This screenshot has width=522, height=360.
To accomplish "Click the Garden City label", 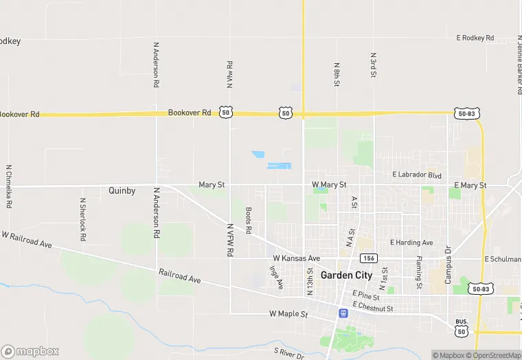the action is [347, 275].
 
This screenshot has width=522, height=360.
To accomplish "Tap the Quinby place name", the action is [122, 190].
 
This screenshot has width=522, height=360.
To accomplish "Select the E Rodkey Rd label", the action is [475, 38].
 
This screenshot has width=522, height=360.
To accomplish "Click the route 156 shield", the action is [369, 258].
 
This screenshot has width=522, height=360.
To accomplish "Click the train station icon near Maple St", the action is [342, 313].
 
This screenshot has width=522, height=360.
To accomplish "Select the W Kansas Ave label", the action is [297, 258].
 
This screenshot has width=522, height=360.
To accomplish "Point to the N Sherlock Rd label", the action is [83, 219].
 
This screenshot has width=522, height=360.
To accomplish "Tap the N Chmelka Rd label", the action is [10, 186].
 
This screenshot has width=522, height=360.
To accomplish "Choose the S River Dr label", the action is [288, 353].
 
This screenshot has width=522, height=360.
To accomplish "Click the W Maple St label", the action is [288, 314].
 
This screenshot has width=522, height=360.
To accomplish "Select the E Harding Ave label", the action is [411, 243].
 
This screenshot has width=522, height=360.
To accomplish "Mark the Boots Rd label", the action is [249, 221].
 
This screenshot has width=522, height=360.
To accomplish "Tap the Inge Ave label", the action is [276, 278].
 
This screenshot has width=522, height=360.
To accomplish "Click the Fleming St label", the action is [418, 272].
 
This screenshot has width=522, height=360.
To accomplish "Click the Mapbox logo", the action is [30, 351].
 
